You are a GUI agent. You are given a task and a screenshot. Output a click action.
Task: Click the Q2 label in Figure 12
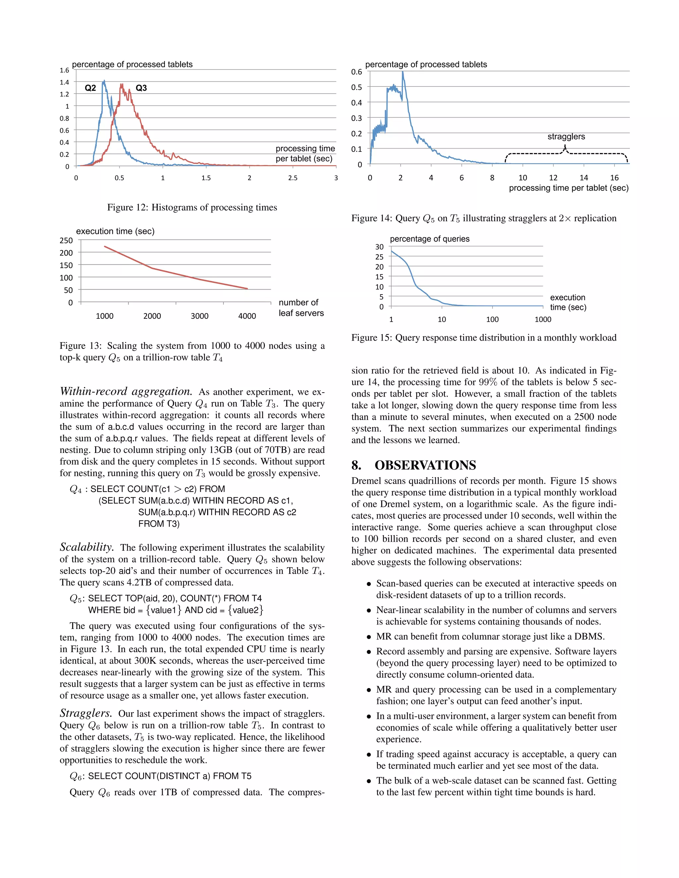(x=90, y=88)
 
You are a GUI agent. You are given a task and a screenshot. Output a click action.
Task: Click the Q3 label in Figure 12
(x=141, y=88)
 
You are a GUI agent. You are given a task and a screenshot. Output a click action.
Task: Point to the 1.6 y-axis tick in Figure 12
(x=64, y=70)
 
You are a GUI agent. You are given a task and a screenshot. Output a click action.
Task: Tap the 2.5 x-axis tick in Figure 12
(x=292, y=178)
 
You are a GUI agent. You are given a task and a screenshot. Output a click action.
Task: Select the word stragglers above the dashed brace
(x=566, y=137)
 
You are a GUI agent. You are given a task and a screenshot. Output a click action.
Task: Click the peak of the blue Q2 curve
(x=104, y=81)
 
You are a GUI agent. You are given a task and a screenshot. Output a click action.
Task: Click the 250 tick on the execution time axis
(x=66, y=241)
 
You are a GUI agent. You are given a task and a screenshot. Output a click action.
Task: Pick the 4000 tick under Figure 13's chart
(x=247, y=316)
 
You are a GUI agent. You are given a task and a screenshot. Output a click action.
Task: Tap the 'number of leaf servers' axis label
(x=301, y=307)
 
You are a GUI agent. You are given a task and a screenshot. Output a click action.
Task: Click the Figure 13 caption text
(x=192, y=351)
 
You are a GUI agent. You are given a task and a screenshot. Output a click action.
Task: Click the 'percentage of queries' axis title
(x=430, y=239)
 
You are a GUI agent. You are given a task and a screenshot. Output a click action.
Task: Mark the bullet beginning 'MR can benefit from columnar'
(x=490, y=636)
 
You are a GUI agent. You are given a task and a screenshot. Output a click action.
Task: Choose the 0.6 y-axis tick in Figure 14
(x=356, y=72)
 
